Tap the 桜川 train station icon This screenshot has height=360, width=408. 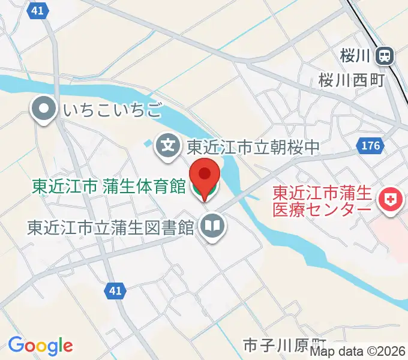384,56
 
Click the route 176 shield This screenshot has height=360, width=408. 370,145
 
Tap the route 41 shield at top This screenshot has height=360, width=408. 38,10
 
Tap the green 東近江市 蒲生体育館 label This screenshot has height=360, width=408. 109,186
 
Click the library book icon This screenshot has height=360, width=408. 211,226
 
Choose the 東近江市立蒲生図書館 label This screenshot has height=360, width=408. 111,227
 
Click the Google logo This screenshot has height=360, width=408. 40,345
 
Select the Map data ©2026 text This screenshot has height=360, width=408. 358,352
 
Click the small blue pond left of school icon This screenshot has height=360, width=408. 148,143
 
